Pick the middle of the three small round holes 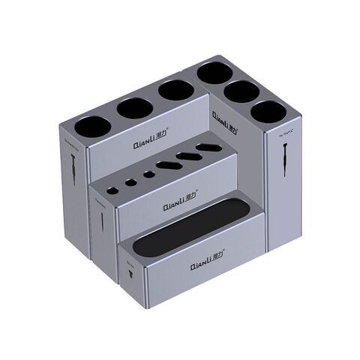click(130, 181)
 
